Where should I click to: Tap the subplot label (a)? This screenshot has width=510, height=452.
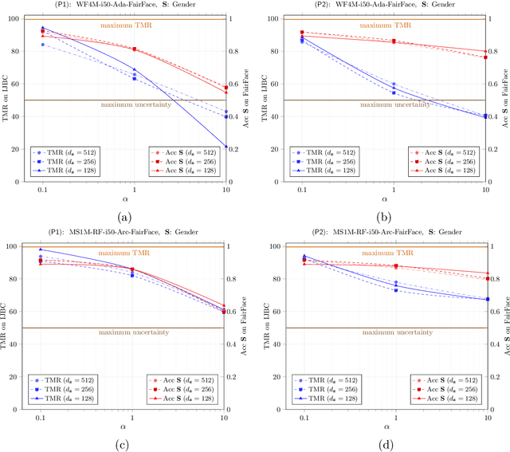tap(125, 216)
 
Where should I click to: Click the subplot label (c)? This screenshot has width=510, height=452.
tap(125, 443)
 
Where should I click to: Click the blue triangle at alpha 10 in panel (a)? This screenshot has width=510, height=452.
tap(226, 147)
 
